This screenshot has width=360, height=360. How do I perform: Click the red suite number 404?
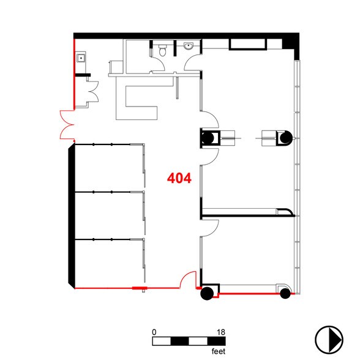(x=179, y=179)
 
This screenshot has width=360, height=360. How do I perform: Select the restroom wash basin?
(x=189, y=48)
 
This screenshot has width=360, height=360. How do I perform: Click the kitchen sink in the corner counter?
(x=81, y=58)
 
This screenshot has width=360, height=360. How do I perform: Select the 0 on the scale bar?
(x=155, y=332)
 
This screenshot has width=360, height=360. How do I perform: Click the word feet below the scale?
(x=219, y=351)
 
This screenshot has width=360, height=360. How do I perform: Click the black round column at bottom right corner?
(x=284, y=294)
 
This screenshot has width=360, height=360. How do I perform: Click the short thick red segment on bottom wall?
(x=139, y=288)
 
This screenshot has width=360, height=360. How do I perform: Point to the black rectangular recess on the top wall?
(x=247, y=44)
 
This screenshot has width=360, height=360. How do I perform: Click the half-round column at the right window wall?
(x=285, y=139)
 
